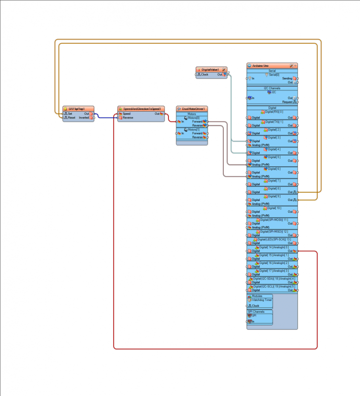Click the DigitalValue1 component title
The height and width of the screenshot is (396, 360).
(x=210, y=70)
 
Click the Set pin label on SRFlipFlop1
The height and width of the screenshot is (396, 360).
(x=70, y=114)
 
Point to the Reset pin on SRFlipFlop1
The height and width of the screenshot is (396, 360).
(x=71, y=118)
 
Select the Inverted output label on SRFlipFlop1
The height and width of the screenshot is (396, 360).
(x=84, y=118)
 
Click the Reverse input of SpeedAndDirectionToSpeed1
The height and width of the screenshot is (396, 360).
(x=128, y=118)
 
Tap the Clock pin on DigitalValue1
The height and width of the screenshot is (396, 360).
(x=205, y=75)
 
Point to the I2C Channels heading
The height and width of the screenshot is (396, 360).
(x=272, y=88)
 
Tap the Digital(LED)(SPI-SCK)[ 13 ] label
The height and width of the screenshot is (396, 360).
(x=273, y=239)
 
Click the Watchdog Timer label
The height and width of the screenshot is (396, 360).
(x=262, y=300)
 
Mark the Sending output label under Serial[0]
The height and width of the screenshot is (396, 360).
(x=287, y=78)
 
